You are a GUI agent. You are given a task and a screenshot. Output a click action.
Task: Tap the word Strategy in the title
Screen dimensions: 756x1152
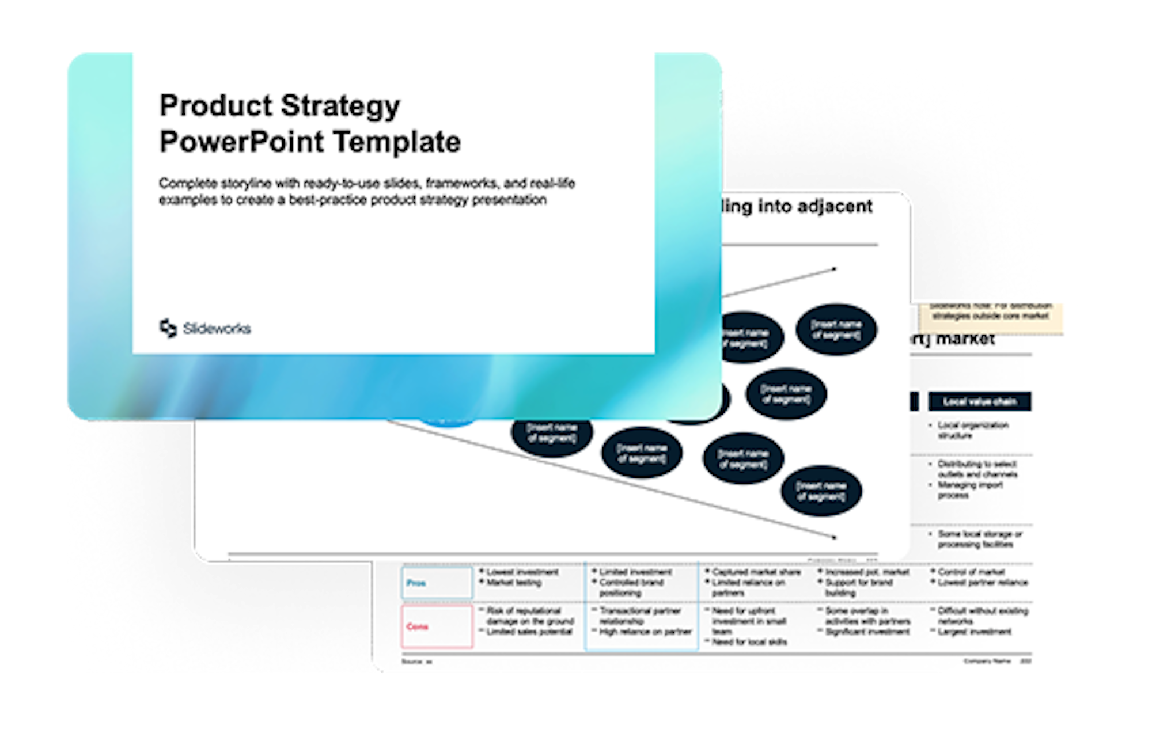(340, 107)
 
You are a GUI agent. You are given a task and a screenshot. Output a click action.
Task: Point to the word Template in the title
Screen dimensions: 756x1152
(397, 142)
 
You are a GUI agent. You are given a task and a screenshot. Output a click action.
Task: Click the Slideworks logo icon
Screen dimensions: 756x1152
(168, 328)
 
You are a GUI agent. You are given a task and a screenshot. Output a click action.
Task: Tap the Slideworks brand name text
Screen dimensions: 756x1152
(217, 329)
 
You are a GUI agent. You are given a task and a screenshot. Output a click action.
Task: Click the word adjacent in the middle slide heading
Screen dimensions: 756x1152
(835, 206)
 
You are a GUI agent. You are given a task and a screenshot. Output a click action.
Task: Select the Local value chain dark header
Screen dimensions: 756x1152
(979, 401)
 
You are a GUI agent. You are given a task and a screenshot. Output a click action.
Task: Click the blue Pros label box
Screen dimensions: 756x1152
(437, 583)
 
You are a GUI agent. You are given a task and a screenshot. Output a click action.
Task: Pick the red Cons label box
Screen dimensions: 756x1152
(437, 626)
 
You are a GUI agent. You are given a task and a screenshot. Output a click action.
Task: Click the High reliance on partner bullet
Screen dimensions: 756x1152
(645, 632)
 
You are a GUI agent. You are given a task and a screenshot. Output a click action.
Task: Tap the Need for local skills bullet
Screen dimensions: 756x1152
(749, 642)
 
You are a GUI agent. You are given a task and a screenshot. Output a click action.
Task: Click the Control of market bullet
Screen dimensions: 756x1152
(971, 572)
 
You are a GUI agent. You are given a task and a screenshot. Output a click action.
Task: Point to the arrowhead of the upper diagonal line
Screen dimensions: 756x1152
(833, 269)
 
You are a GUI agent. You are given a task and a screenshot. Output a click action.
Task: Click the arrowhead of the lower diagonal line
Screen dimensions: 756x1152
(833, 537)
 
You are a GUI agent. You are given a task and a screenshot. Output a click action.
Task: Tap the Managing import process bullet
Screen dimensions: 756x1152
(970, 490)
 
